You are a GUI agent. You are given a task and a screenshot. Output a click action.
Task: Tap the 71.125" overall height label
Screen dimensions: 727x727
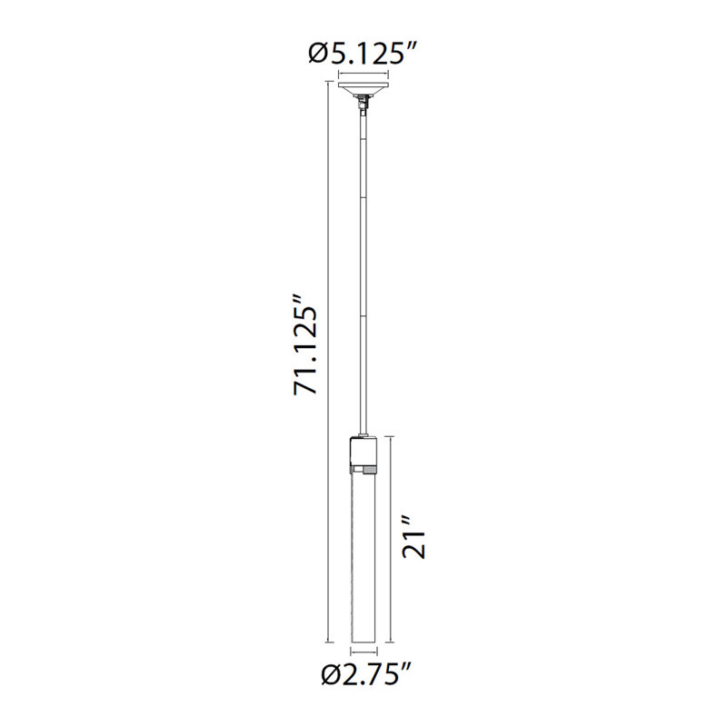tap(305, 344)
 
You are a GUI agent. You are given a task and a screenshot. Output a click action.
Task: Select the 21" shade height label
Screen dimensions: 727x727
tap(414, 538)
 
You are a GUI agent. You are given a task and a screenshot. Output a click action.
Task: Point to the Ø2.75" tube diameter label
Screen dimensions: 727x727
tap(365, 673)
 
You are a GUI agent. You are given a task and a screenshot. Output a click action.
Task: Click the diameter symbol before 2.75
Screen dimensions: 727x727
tap(332, 674)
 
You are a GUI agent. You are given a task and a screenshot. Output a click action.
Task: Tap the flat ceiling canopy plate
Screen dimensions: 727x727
tap(363, 86)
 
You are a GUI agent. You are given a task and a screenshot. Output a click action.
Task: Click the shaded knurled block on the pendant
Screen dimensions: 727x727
tap(370, 470)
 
